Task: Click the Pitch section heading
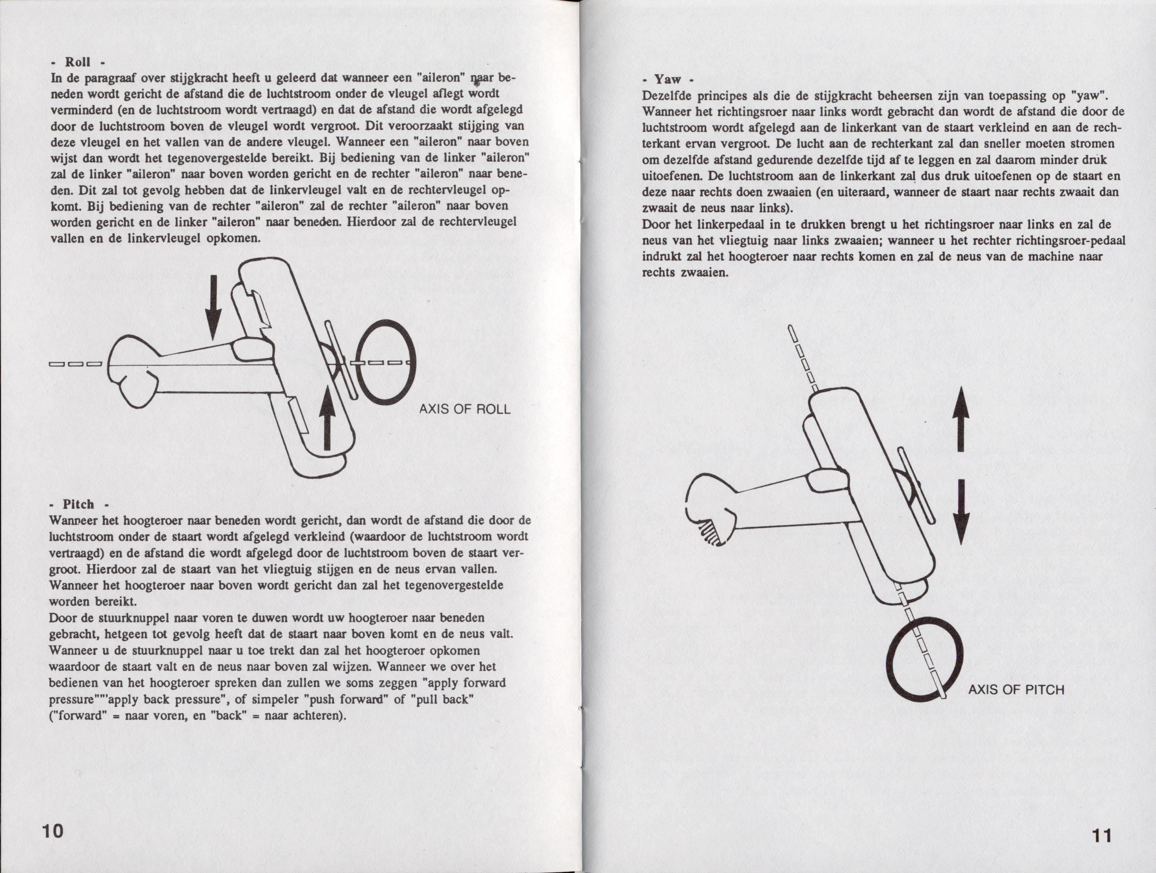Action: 79,504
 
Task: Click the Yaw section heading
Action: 668,79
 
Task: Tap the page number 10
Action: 53,830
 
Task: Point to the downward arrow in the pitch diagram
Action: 960,512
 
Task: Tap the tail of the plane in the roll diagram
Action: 131,371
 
